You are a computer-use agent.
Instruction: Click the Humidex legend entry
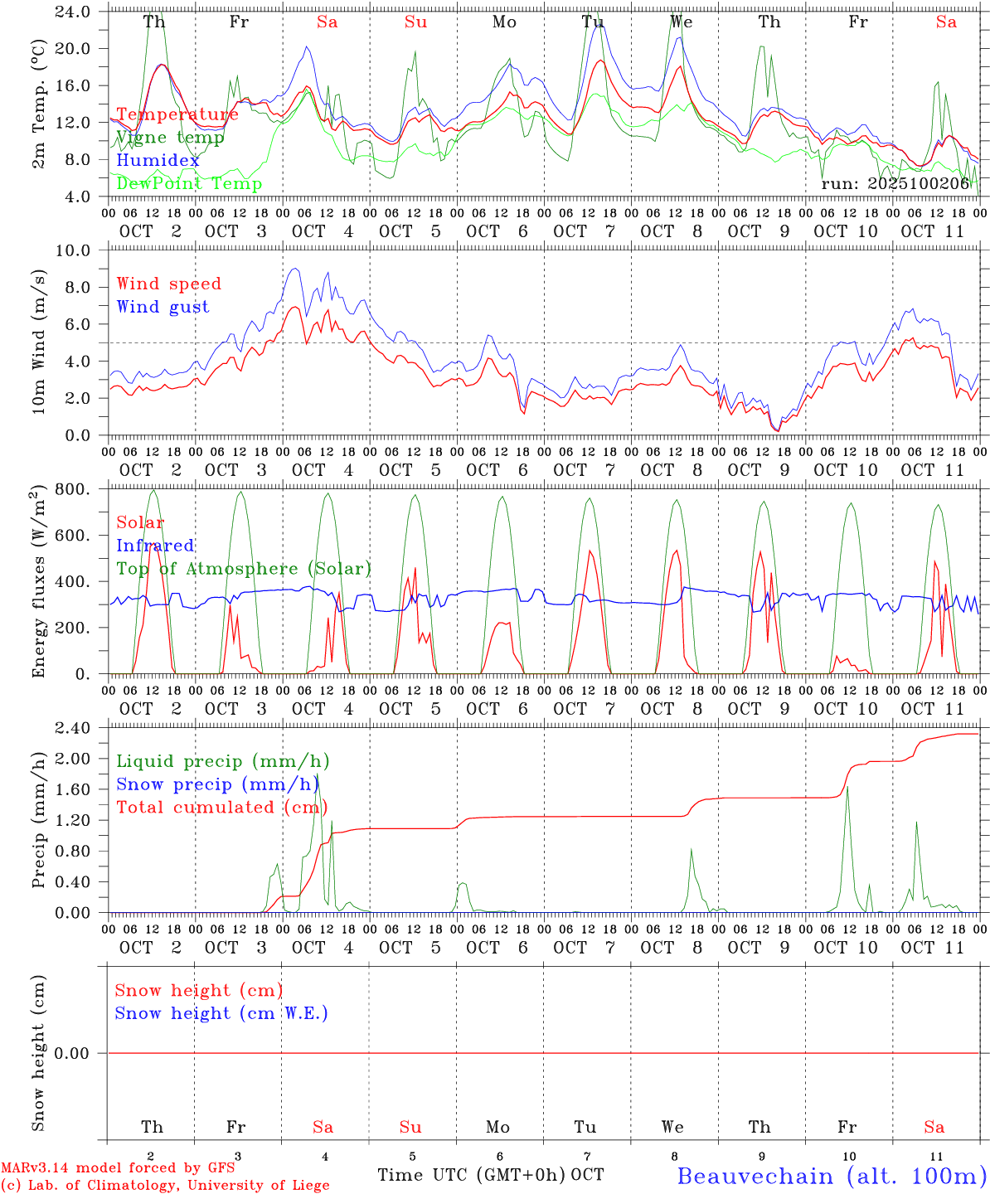[158, 161]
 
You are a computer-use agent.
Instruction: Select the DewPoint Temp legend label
[189, 183]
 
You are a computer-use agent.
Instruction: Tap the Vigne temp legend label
[170, 138]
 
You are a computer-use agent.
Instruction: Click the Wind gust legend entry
[163, 307]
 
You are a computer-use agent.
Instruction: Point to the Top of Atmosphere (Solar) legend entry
[244, 569]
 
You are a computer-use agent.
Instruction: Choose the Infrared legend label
[155, 546]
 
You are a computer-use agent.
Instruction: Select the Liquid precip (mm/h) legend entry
[222, 761]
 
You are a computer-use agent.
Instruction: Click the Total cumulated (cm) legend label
[221, 807]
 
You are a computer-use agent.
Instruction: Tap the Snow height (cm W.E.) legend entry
[221, 1013]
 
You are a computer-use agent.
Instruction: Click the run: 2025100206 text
[895, 183]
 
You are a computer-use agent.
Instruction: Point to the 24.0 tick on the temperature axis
[73, 12]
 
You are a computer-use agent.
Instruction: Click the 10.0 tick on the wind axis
[73, 250]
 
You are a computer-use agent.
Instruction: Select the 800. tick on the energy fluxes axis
[73, 489]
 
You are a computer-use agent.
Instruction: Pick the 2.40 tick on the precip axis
[73, 728]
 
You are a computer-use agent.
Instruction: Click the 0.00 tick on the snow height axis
[73, 1053]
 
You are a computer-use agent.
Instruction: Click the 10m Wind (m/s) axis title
[40, 343]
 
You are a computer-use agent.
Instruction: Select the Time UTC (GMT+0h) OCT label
[490, 1175]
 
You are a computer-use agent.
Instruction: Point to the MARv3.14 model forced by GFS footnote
[117, 1168]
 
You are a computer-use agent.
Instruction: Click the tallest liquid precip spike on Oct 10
[847, 787]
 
